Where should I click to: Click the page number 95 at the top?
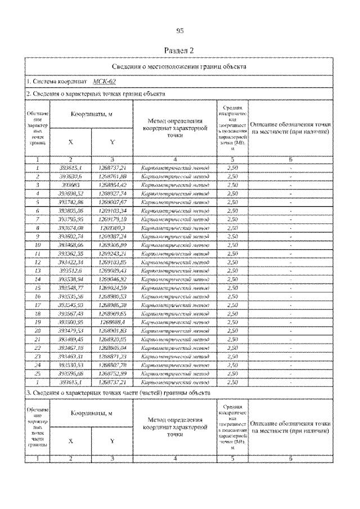pyautogui.click(x=181, y=30)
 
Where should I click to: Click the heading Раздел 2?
pyautogui.click(x=181, y=51)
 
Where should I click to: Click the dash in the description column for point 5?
pyautogui.click(x=290, y=201)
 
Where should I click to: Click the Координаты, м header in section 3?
pyautogui.click(x=91, y=413)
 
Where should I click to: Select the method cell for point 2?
pyautogui.click(x=175, y=176)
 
